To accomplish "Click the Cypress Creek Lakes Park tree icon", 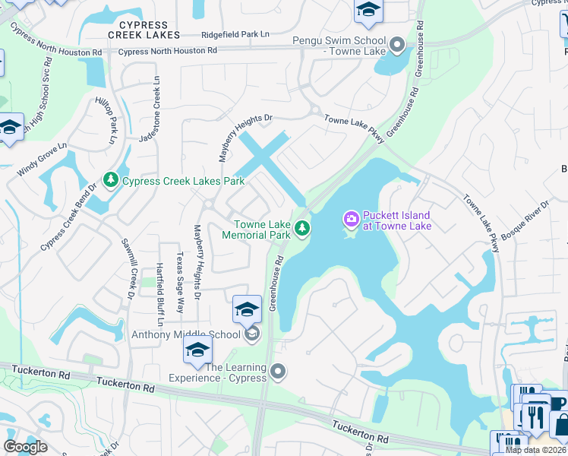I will coord(112,180).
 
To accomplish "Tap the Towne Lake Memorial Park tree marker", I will coord(302,228).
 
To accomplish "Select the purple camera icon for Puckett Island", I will coord(351,220).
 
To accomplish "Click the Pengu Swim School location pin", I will coord(396,46).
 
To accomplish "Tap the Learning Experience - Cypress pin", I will coord(278,372).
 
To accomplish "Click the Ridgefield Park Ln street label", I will coord(235,35).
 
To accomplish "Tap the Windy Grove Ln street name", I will coord(43,159).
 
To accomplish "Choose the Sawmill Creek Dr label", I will coord(127,268).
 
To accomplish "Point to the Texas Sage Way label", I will coord(180,283).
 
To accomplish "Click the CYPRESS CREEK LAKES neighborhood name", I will coord(144,30).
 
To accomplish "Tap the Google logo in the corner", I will coord(25,448).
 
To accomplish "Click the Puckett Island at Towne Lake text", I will coord(396,220).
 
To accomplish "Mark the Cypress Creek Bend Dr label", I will coord(68,217).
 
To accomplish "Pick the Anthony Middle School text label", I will coord(186,334).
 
